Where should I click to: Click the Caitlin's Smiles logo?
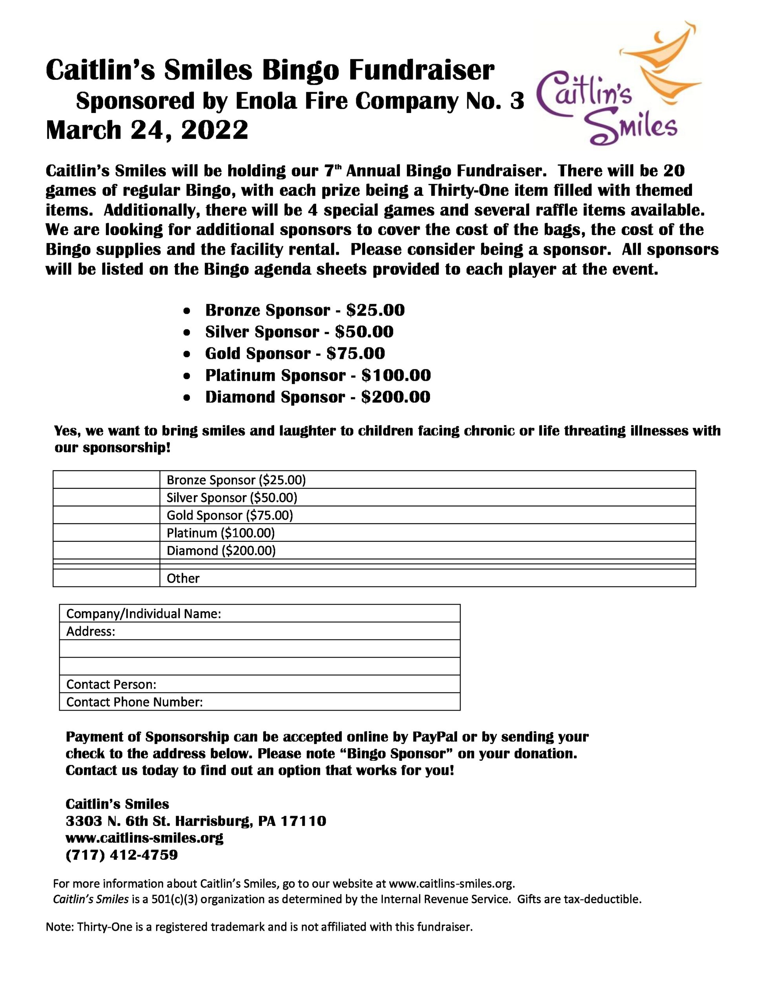coord(616,88)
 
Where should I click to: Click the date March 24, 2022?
coord(147,130)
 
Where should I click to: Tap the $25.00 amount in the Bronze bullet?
coord(375,310)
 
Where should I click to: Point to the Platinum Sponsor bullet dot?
coord(186,375)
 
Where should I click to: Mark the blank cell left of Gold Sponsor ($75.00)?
coord(106,515)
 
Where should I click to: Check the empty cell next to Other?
coord(106,578)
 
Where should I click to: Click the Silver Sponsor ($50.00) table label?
coord(232,497)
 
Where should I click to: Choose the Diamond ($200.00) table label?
coord(221,550)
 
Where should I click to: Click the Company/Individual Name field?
coord(341,613)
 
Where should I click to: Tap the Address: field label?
coord(91,631)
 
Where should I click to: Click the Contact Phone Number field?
coord(331,702)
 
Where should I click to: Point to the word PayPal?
coord(435,737)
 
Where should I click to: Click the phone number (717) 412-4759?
coord(122,855)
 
